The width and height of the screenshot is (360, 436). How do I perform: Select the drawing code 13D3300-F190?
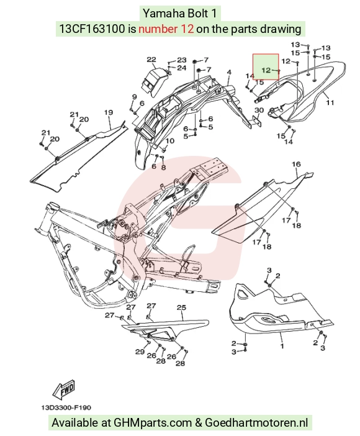click(66, 407)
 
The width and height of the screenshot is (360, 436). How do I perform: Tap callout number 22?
click(151, 60)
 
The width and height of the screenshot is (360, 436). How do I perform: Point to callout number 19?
click(109, 112)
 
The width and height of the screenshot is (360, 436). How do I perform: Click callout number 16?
click(296, 164)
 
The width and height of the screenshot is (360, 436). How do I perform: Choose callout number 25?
click(181, 307)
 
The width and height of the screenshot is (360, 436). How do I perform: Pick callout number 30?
click(259, 111)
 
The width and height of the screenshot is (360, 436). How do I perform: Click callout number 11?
click(330, 102)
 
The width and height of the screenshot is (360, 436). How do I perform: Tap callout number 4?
click(229, 72)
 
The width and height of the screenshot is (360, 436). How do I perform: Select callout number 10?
click(169, 141)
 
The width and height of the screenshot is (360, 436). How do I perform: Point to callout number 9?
click(135, 97)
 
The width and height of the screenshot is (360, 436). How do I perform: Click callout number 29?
click(140, 352)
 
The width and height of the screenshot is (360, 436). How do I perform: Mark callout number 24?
click(181, 68)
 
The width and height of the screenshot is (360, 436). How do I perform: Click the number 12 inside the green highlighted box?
click(266, 70)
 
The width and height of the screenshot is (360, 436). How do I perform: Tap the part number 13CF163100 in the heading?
click(92, 29)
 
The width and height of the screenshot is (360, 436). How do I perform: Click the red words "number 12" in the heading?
click(166, 29)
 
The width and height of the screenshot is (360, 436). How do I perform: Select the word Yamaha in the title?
click(160, 13)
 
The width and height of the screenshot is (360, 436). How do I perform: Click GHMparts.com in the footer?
click(153, 423)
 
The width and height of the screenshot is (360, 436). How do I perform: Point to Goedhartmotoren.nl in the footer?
click(256, 423)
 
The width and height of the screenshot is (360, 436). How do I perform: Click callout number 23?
click(181, 60)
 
